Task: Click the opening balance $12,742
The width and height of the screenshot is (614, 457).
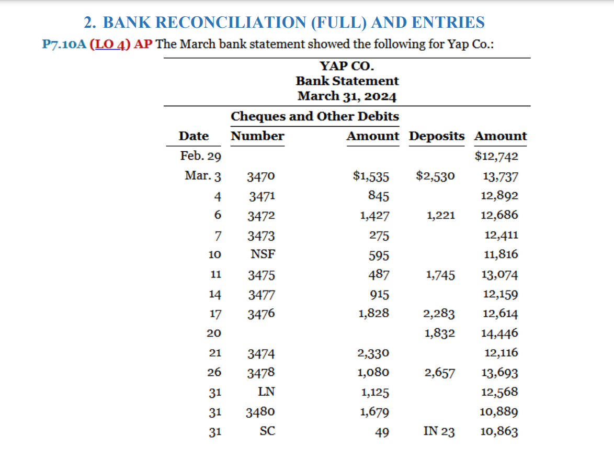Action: pyautogui.click(x=496, y=156)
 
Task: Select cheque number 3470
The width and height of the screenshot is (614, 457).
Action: pyautogui.click(x=261, y=176)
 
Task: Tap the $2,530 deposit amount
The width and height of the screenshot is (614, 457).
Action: pyautogui.click(x=436, y=176)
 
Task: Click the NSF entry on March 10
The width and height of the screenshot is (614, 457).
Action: pyautogui.click(x=263, y=255)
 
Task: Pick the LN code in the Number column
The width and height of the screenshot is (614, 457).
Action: pyautogui.click(x=267, y=392)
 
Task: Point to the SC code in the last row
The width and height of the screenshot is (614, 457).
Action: pyautogui.click(x=267, y=431)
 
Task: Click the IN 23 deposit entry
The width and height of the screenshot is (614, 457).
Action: pyautogui.click(x=439, y=432)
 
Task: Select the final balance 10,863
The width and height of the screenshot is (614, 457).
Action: pyautogui.click(x=499, y=432)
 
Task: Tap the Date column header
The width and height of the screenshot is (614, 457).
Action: pyautogui.click(x=194, y=136)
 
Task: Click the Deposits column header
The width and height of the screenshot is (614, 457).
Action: pyautogui.click(x=436, y=136)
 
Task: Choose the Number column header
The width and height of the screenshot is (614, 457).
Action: pyautogui.click(x=257, y=136)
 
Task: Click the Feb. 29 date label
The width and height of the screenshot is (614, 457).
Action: pyautogui.click(x=200, y=156)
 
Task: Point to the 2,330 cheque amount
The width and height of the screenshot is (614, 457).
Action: pyautogui.click(x=373, y=353)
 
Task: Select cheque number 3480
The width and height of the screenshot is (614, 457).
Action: pyautogui.click(x=261, y=411)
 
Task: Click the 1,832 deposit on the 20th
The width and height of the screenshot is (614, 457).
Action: pyautogui.click(x=439, y=333)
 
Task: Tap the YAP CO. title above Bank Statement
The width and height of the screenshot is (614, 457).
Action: pyautogui.click(x=347, y=66)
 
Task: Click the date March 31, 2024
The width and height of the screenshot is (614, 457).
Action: pyautogui.click(x=347, y=96)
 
